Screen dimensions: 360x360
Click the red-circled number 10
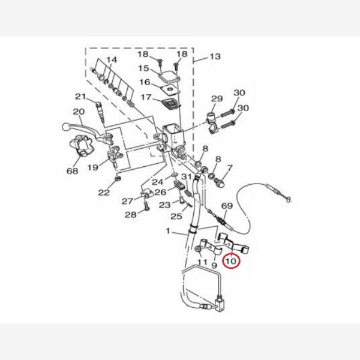[231, 261]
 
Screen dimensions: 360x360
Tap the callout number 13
[215, 56]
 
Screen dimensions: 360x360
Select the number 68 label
[73, 170]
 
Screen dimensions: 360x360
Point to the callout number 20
[79, 112]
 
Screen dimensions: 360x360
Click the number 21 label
[80, 97]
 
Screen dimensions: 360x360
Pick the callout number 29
[217, 98]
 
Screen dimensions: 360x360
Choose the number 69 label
[227, 205]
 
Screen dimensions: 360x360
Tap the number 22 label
[104, 193]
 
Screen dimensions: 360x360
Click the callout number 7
[230, 168]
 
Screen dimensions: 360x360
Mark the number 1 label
[168, 231]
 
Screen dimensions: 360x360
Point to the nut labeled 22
[118, 179]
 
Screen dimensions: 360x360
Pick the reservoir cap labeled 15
[169, 76]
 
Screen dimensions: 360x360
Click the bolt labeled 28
[146, 206]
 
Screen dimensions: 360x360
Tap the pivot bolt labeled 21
[100, 111]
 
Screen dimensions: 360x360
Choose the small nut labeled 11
[197, 249]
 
